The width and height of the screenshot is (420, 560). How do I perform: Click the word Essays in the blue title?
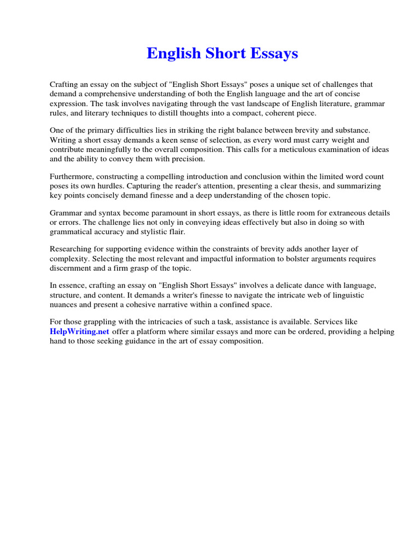point(273,54)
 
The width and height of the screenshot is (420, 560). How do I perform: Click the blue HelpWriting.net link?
point(80,332)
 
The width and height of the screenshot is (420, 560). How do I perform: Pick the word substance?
point(352,131)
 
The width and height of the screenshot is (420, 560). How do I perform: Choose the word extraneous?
point(344,213)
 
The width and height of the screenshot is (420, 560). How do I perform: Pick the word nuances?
point(66,305)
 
